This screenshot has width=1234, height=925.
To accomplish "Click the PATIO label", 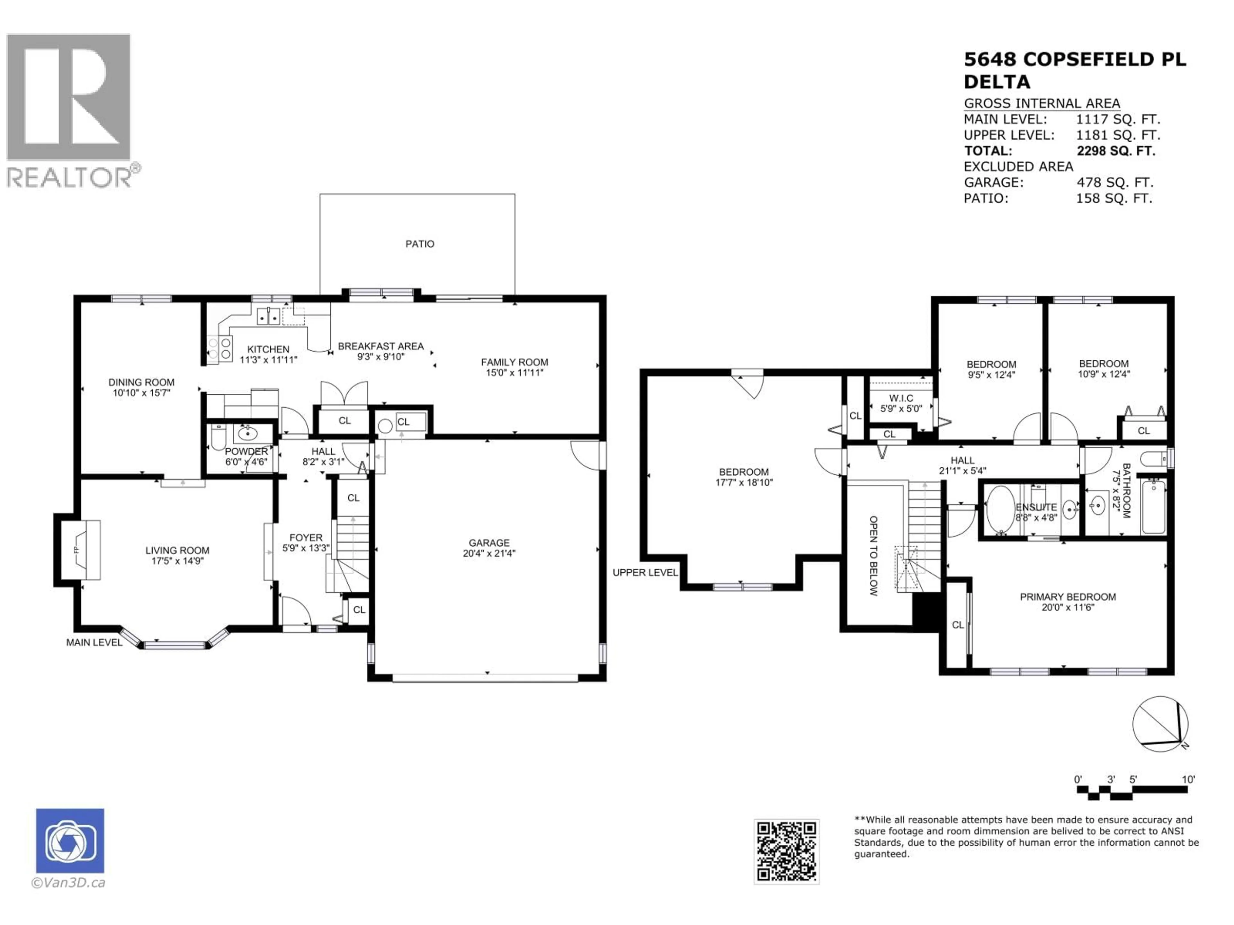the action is pos(419,244).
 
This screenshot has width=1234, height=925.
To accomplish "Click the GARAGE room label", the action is pos(489,542).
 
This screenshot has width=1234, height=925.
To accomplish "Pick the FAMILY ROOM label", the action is pos(514,362).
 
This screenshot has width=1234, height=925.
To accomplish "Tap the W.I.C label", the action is pos(901,398).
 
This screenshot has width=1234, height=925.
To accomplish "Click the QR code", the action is pos(787,851).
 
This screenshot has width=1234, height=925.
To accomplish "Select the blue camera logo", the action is pos(70,840).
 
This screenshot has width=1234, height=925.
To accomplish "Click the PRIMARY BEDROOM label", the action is pos(1068,597).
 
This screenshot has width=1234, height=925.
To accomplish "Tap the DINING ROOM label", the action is pos(141,382).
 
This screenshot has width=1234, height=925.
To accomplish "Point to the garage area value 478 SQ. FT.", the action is pos(1114,182).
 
